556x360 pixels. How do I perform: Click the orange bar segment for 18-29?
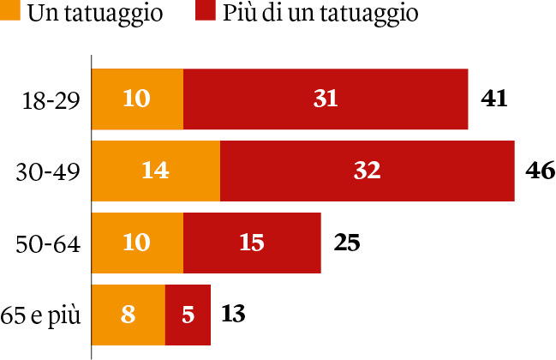pos(138,99)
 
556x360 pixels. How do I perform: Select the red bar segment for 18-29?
pos(326,99)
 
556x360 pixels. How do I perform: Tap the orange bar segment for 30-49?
pos(156,171)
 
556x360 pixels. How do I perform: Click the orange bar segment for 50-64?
pos(138,243)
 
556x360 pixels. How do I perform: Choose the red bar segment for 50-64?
pos(252,243)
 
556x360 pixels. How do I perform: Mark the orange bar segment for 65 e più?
pos(129,315)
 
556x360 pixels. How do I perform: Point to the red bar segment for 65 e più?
pos(188,315)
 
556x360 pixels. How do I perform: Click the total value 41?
pos(494,99)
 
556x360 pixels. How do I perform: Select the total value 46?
pos(540,171)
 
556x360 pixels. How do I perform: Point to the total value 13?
pos(233,314)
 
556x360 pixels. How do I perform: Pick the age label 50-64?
pos(49,245)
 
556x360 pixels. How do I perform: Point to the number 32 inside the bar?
pos(367,171)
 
